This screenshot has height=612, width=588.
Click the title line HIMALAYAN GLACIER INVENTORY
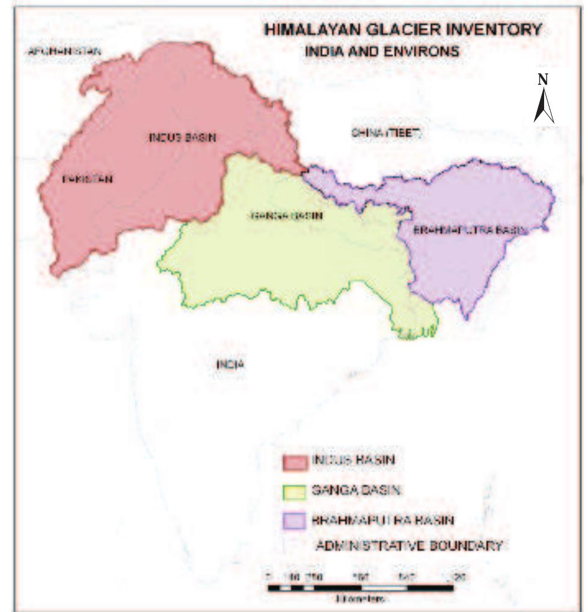click(402, 29)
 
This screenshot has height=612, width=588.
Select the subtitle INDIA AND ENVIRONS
click(382, 52)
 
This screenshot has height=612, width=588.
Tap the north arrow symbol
click(544, 105)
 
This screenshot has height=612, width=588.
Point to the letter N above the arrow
click(543, 79)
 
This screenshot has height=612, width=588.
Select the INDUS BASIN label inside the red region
click(182, 138)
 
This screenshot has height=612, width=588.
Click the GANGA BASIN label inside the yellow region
click(286, 215)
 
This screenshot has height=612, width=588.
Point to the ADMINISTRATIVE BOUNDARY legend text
click(409, 546)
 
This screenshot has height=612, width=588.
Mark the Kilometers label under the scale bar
click(361, 599)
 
